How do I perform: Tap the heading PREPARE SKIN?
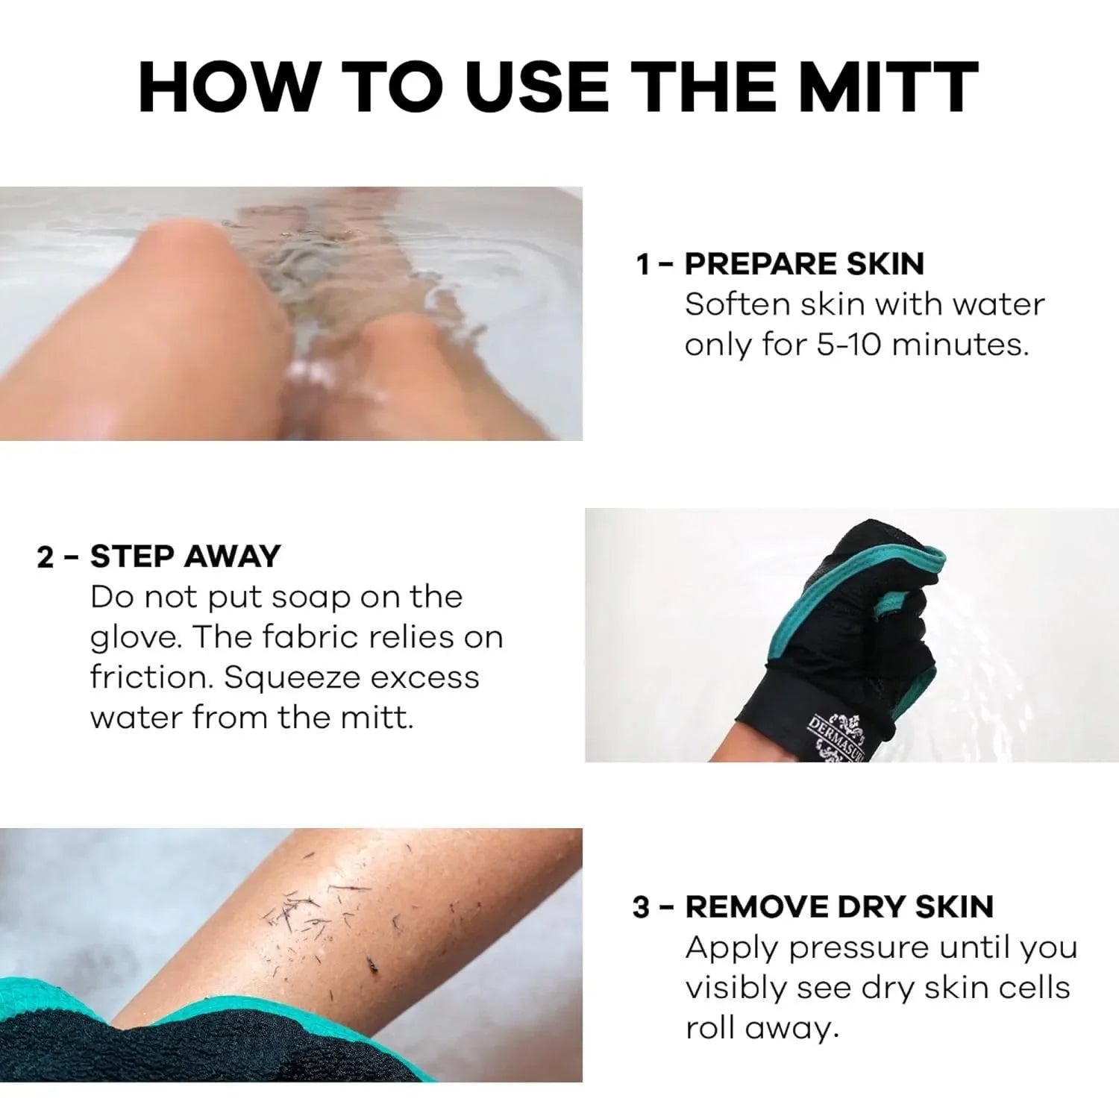pos(804,264)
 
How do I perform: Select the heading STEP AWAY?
pos(185,557)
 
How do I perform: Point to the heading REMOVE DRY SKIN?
pos(839,907)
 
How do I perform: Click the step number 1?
pos(643,264)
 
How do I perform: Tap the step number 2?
pos(46,557)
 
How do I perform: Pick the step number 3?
pos(642,907)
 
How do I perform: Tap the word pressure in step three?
pos(859,947)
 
